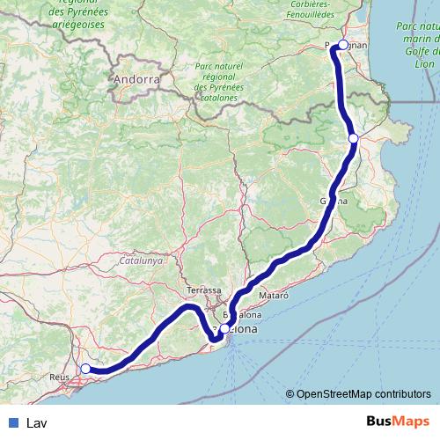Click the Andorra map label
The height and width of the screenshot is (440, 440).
[136, 79]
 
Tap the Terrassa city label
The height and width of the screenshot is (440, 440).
[203, 290]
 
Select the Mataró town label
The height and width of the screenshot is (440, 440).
[273, 297]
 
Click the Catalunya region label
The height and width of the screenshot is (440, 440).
[142, 260]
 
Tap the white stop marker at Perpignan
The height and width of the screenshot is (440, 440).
[342, 44]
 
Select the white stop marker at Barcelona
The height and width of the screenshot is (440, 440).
[224, 328]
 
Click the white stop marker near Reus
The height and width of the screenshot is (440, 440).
[86, 368]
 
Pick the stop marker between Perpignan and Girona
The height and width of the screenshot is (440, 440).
[353, 138]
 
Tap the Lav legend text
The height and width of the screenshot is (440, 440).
[37, 422]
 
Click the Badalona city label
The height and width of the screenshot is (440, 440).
[243, 314]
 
